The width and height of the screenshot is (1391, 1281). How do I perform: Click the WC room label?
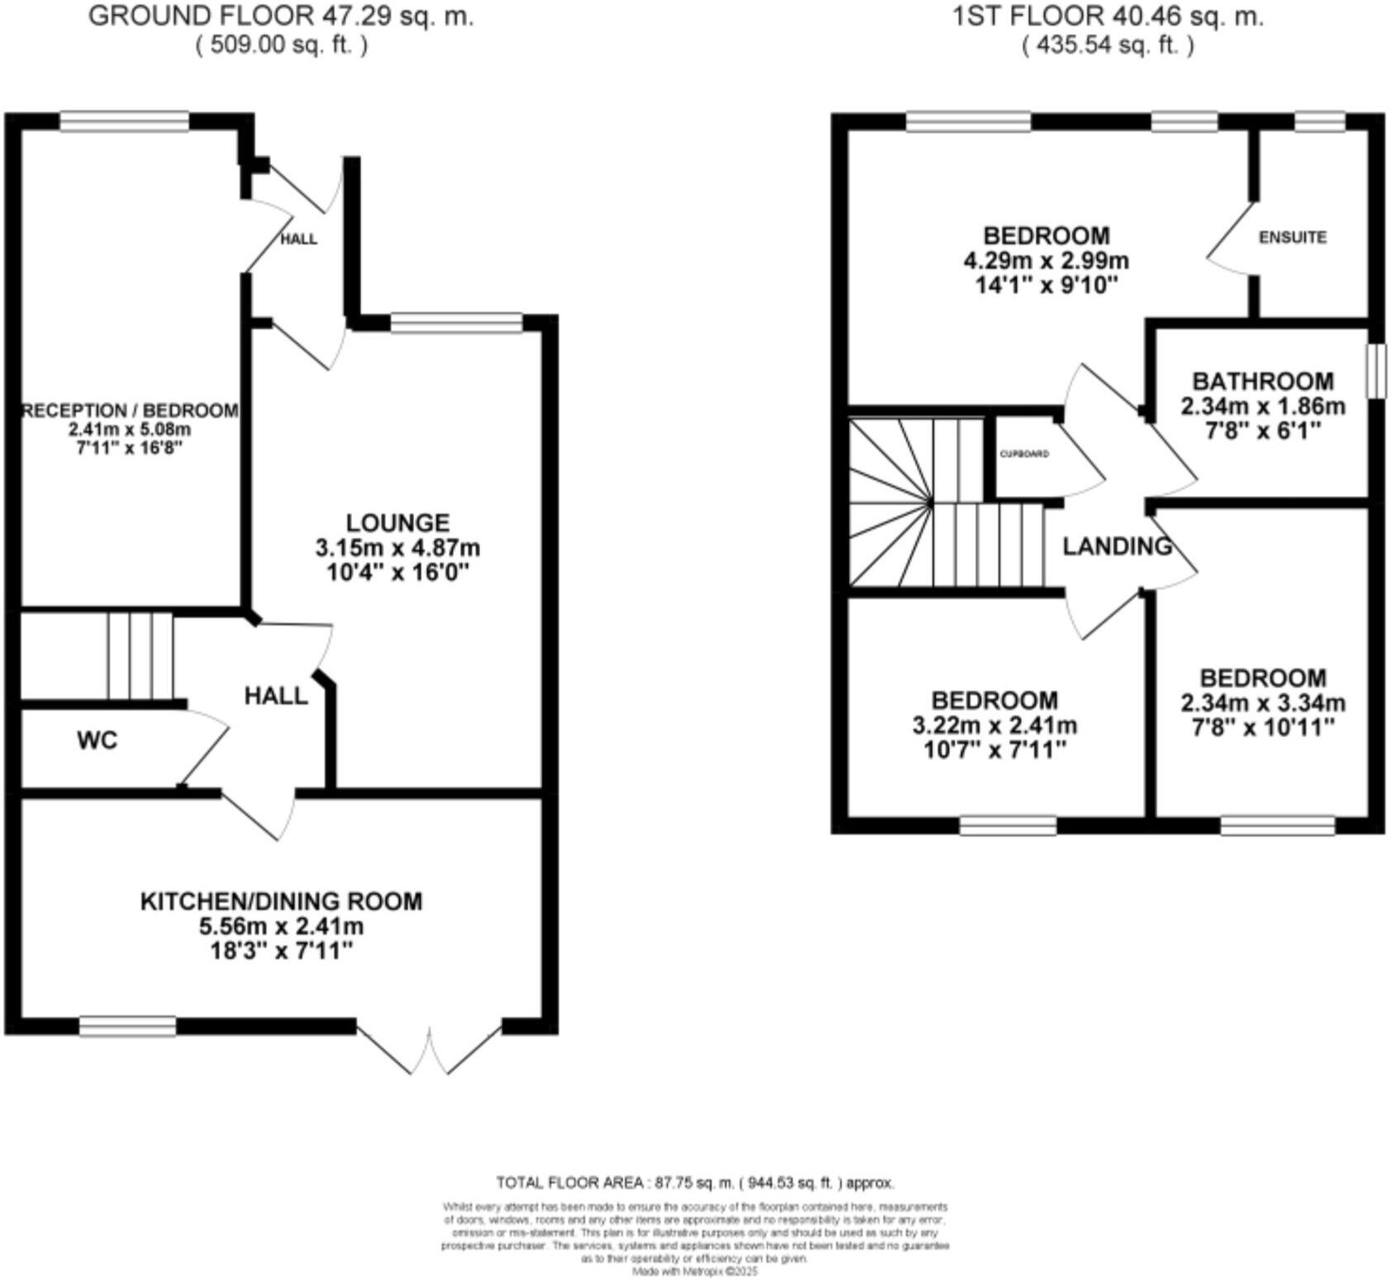coord(97,741)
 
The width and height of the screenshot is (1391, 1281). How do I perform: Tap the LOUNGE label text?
coord(398,522)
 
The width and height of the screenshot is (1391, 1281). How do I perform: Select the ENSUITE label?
coord(1293,237)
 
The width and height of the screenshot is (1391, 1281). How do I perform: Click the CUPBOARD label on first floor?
coord(1024,454)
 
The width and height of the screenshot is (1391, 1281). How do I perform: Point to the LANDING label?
coord(1117,546)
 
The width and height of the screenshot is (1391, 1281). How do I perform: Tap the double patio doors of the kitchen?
coord(430,1048)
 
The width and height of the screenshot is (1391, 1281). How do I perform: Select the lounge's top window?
coord(456,322)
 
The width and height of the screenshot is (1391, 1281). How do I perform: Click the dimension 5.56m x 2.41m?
coord(281,926)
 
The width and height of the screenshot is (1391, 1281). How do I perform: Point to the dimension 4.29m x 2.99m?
coord(1046,261)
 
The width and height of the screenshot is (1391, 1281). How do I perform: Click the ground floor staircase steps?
coord(140,656)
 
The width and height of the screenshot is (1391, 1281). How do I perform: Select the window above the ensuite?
coord(1319,122)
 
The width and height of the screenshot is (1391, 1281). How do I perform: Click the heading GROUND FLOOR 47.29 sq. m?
coord(281,16)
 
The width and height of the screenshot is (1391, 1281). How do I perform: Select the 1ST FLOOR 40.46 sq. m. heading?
coord(1108,16)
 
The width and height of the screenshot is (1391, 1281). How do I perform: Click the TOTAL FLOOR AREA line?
coord(694,1183)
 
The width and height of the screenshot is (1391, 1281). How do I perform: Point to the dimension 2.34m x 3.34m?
coord(1262,703)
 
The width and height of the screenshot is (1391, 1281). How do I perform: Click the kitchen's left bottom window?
coord(128,1026)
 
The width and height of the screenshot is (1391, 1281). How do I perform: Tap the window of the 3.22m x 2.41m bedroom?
coord(1008,826)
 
